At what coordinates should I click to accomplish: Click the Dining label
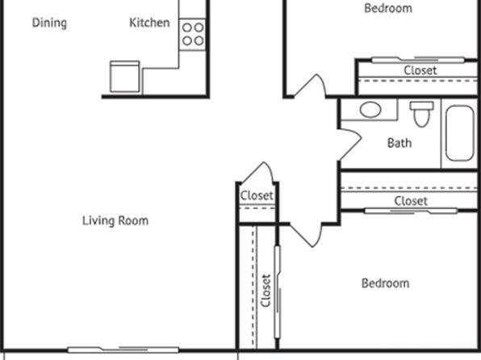pos(49,23)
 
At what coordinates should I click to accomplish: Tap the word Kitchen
pos(149,23)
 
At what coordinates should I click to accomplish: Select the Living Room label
pos(115,220)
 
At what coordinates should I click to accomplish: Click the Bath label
pos(399,143)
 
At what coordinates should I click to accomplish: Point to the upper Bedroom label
pos(388,8)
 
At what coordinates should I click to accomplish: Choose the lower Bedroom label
pos(385,283)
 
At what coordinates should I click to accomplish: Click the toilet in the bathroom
pos(422,114)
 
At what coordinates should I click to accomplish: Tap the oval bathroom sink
pos(370,110)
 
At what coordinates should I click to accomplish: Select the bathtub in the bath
pos(459,133)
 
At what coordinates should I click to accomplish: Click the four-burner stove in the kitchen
pos(193,35)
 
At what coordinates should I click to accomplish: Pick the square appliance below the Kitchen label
pos(125,77)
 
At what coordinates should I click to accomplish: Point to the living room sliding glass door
pos(123,350)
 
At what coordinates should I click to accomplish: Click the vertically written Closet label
pos(266,291)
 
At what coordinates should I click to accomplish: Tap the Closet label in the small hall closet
pos(257,195)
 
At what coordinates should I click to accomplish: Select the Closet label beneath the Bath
pos(411,201)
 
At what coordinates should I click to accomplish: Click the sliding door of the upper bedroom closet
pos(418,60)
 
